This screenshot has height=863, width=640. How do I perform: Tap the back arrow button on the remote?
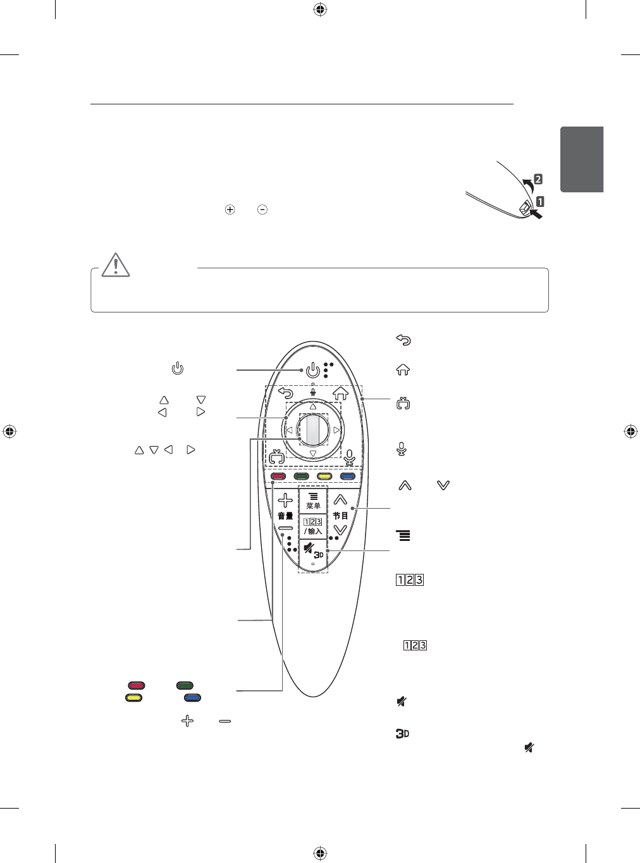coord(285,394)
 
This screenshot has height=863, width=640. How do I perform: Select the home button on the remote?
coord(341,393)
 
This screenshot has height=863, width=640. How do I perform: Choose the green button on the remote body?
coord(301,476)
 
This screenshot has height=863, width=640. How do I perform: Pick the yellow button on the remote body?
coord(324,476)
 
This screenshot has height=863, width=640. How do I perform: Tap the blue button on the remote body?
coord(347,476)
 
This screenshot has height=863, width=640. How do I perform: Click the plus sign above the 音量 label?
coord(285,500)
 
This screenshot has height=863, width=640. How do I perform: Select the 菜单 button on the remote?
coord(313,500)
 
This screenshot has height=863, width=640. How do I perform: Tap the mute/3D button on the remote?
coord(313,554)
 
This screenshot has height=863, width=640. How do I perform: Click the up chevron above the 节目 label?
coord(341,500)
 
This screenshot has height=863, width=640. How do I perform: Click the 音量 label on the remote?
coord(285,516)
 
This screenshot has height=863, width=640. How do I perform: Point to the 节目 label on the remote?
coord(341,516)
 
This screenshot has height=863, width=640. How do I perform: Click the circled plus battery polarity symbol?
coord(230,209)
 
